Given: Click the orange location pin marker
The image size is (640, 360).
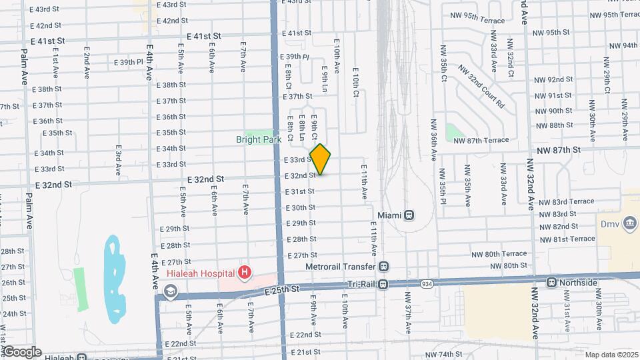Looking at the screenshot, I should pos(321,159).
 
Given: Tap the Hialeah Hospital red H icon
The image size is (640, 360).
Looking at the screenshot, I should pos(245,272).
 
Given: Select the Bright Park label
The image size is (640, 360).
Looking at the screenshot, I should pos(257,140).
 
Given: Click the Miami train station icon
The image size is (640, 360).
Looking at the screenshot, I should pos(409,215).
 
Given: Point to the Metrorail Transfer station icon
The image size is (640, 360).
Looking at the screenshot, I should pos(383,266).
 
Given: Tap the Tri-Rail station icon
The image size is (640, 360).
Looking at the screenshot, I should pos(383,285).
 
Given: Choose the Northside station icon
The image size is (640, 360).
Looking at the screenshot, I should pos(551,283).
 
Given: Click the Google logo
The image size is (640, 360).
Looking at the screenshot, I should pos(22,351).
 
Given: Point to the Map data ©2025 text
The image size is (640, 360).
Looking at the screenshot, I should pos(611,355).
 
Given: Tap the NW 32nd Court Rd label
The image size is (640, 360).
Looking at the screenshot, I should pos(481,87).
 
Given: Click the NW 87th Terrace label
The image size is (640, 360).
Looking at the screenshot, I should pos(481,140).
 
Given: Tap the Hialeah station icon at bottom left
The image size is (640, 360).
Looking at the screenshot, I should pos(81,357).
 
